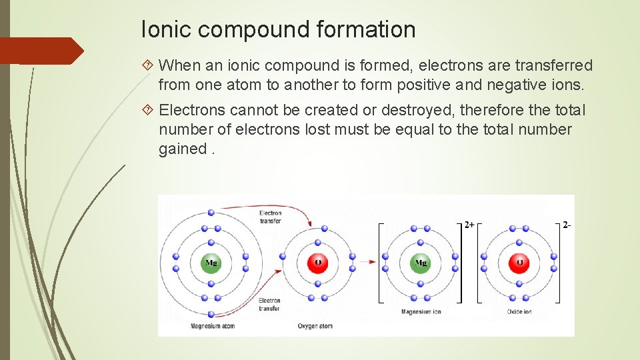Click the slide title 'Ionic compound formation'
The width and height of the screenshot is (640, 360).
tap(278, 29)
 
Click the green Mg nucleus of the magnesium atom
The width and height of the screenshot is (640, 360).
tap(211, 263)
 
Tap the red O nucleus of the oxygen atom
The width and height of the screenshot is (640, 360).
tap(317, 263)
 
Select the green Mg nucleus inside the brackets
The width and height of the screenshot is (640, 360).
tap(420, 263)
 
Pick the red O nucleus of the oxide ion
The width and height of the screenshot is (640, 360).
tap(518, 263)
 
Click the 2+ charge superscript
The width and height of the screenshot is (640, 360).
tap(469, 225)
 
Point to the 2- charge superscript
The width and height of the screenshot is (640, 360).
tap(567, 225)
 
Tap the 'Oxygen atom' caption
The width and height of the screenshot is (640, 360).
tap(315, 326)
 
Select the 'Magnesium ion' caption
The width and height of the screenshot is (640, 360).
tap(421, 312)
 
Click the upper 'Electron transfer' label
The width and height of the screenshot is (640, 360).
tap(270, 216)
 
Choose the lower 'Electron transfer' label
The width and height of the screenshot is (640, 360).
tap(269, 305)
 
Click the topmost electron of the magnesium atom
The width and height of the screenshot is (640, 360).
tap(211, 212)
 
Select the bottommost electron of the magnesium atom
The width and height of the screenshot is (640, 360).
tap(211, 314)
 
